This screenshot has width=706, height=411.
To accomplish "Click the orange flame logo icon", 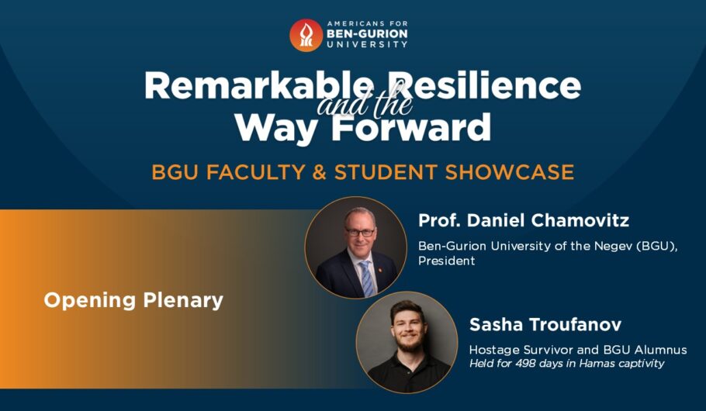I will click(306, 35).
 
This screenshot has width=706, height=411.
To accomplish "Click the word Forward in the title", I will click(411, 126).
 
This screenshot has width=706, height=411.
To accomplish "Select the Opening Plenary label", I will click(133, 300).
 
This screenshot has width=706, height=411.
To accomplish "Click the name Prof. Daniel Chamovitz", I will click(524, 220).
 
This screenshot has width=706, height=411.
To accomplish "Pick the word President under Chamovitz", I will click(446, 261).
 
